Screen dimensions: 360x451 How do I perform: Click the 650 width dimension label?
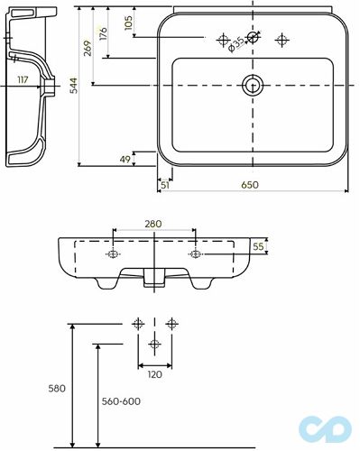[x=250, y=184]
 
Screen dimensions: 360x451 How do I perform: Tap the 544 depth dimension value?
[x=74, y=86]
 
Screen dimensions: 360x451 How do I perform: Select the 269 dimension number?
[x=88, y=48]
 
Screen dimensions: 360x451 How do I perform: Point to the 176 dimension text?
[x=103, y=34]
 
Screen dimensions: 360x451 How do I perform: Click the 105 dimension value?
[x=128, y=23]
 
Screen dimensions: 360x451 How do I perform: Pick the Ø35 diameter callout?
[x=236, y=44]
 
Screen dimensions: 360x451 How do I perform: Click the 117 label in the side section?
[x=23, y=80]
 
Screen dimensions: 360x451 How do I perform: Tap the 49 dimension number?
[x=125, y=159]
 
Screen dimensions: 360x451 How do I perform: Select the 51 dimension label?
[x=165, y=185]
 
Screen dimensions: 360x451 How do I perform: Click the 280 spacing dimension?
[x=153, y=224]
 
